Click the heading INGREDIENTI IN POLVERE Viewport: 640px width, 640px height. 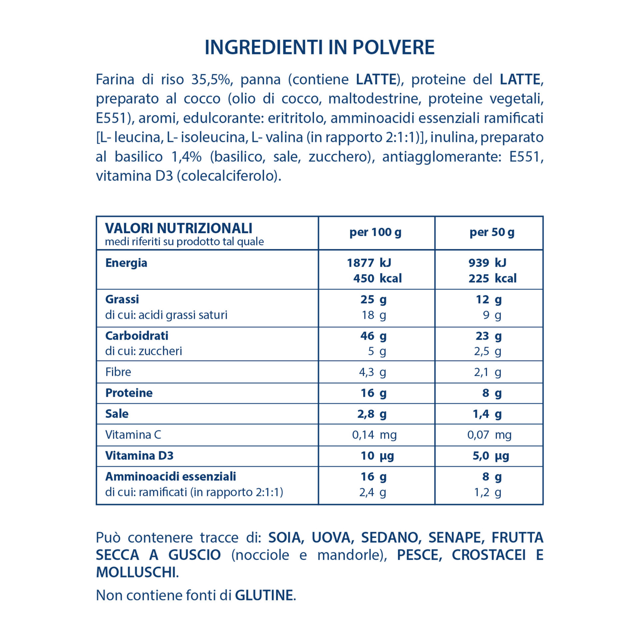(319, 47)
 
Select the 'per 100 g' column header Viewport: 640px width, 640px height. (375, 232)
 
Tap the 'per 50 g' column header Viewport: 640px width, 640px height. (492, 232)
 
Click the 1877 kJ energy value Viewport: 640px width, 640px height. (369, 263)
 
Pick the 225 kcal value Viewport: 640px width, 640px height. (492, 278)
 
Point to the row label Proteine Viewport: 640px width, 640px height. (129, 393)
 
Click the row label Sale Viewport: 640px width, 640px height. (117, 414)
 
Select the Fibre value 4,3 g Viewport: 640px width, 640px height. (372, 372)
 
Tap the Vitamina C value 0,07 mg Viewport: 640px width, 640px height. (489, 435)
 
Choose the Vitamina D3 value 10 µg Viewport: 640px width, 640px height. (377, 456)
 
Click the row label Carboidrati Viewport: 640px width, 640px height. (137, 336)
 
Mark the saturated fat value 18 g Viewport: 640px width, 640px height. (374, 315)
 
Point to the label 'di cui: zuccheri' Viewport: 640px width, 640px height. (144, 351)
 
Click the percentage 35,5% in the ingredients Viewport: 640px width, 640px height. (211, 80)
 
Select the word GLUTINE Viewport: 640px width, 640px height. (264, 595)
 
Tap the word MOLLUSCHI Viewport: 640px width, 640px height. (136, 572)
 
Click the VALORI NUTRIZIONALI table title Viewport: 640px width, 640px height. (179, 229)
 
